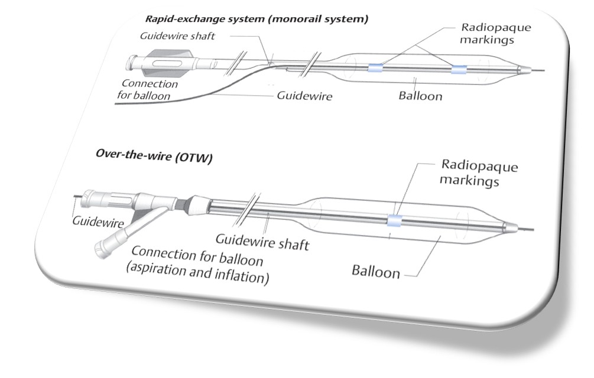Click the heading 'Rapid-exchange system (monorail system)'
click(257, 18)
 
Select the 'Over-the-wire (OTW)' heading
click(154, 155)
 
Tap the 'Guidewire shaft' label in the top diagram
click(177, 36)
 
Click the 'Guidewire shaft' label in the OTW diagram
click(262, 242)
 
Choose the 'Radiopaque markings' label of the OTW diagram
click(479, 172)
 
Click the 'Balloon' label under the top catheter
click(420, 95)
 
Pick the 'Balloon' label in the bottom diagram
click(375, 272)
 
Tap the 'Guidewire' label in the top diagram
click(304, 95)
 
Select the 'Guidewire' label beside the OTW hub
click(98, 221)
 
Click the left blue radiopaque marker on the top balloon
click(375, 68)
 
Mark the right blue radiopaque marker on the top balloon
click(459, 69)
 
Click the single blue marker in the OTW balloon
click(394, 220)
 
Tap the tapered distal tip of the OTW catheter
click(511, 227)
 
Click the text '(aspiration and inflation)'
click(197, 273)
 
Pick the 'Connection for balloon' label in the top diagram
click(147, 90)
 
